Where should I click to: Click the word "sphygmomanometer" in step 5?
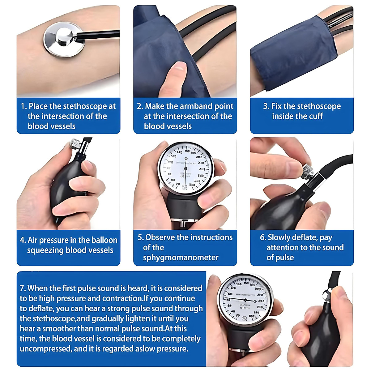click(181, 258)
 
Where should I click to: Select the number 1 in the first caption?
click(23, 106)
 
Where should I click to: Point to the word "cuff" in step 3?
click(316, 117)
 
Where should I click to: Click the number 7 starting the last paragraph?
click(22, 288)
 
